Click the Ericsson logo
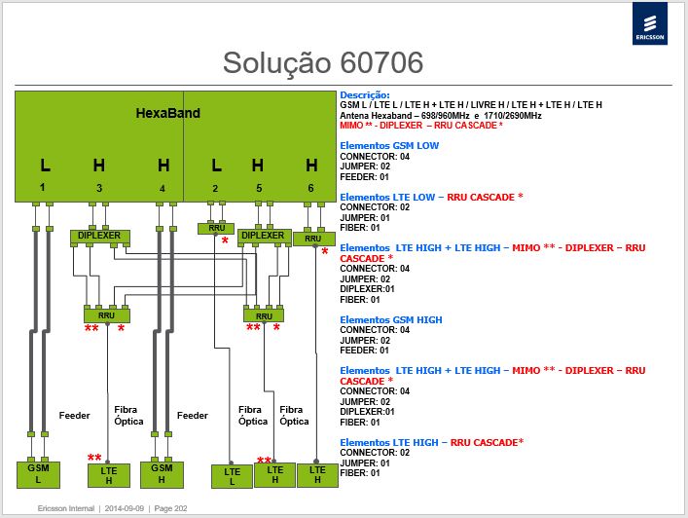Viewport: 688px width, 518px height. tap(650, 23)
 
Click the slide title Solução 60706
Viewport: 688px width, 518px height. tap(323, 62)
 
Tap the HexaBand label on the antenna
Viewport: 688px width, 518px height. tap(168, 113)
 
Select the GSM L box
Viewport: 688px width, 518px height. tap(38, 474)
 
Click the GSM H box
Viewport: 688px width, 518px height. tap(162, 474)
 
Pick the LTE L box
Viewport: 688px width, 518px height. tap(233, 477)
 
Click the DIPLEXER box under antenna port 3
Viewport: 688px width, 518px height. tap(99, 237)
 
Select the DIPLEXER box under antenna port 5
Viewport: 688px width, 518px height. tap(264, 237)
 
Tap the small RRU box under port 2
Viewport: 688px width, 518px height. tap(216, 228)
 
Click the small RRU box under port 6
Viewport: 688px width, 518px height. tap(313, 239)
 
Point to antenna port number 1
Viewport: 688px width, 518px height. tap(42, 188)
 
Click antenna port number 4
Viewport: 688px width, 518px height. tap(163, 188)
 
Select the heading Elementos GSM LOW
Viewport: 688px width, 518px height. tap(389, 146)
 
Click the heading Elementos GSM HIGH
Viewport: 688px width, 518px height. tap(391, 320)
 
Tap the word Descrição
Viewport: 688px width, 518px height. tap(365, 94)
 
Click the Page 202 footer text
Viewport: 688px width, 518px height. tap(170, 508)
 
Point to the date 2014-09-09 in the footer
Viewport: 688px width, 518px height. tap(125, 508)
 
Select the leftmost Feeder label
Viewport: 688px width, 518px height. tap(75, 416)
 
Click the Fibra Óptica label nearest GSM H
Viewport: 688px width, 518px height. tap(128, 416)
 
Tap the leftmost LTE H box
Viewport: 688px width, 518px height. tap(109, 475)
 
